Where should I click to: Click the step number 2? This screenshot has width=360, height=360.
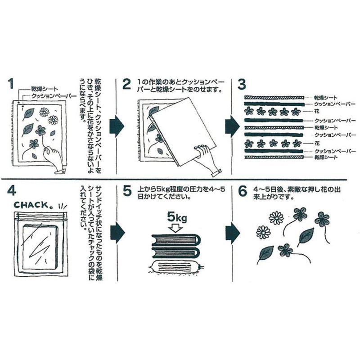[127, 84]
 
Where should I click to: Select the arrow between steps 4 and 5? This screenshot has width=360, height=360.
[117, 232]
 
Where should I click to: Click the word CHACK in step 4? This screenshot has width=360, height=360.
[32, 205]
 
